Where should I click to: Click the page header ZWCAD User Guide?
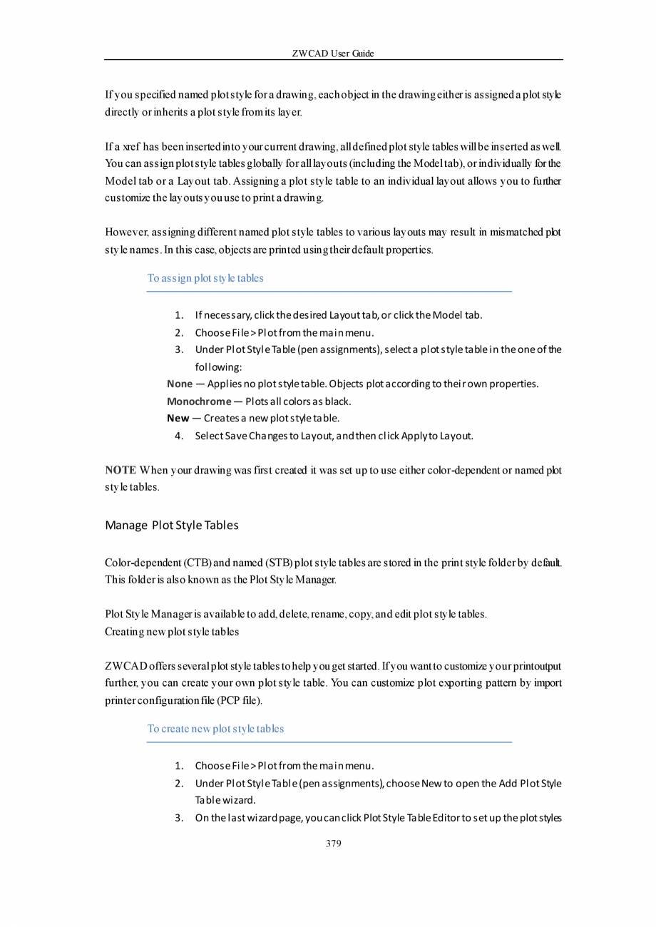[x=333, y=53]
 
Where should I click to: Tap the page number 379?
[x=333, y=844]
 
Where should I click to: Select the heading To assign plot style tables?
[x=205, y=278]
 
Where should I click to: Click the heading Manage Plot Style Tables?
[x=171, y=526]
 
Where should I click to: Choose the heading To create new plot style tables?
[x=215, y=729]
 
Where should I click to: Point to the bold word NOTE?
[x=121, y=471]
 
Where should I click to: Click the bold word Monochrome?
[x=199, y=401]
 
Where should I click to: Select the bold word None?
[x=180, y=384]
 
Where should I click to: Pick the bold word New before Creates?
[x=178, y=418]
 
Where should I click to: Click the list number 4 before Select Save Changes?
[x=179, y=435]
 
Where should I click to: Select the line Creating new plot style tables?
[x=171, y=632]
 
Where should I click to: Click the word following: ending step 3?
[x=218, y=367]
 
